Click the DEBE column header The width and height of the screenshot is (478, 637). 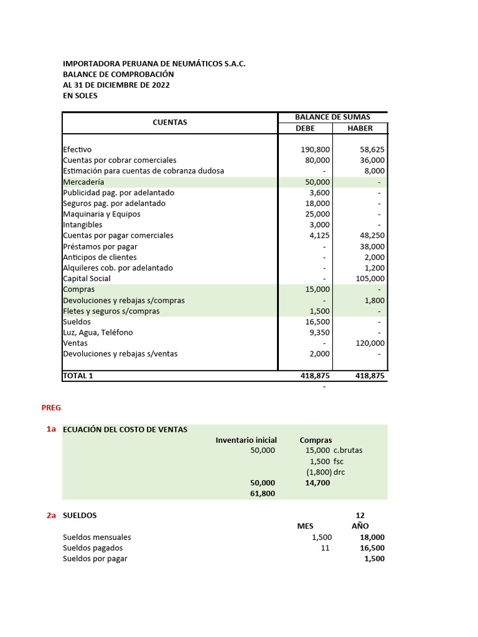(x=305, y=128)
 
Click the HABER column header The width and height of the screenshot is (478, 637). (x=360, y=128)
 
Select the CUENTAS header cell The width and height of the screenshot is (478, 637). (x=170, y=123)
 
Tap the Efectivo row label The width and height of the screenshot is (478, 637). (x=77, y=149)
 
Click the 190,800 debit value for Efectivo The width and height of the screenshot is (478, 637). (x=315, y=149)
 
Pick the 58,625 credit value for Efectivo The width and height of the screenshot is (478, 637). (x=372, y=149)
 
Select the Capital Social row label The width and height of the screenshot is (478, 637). (x=87, y=279)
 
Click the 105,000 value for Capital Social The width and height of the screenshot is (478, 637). (x=369, y=279)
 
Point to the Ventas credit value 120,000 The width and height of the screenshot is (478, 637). (x=369, y=343)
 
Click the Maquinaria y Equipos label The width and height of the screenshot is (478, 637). (x=101, y=214)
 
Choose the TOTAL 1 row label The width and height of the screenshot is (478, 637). (x=78, y=376)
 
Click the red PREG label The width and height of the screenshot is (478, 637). (x=51, y=407)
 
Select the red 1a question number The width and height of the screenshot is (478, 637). (x=51, y=429)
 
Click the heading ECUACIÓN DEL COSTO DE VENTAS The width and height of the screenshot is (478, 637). (x=125, y=429)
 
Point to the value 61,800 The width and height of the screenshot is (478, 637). (x=262, y=493)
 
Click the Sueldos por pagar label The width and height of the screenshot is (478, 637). (x=95, y=559)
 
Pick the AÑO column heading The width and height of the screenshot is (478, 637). (x=360, y=526)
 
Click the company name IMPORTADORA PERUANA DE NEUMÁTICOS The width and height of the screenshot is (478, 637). (x=154, y=63)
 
